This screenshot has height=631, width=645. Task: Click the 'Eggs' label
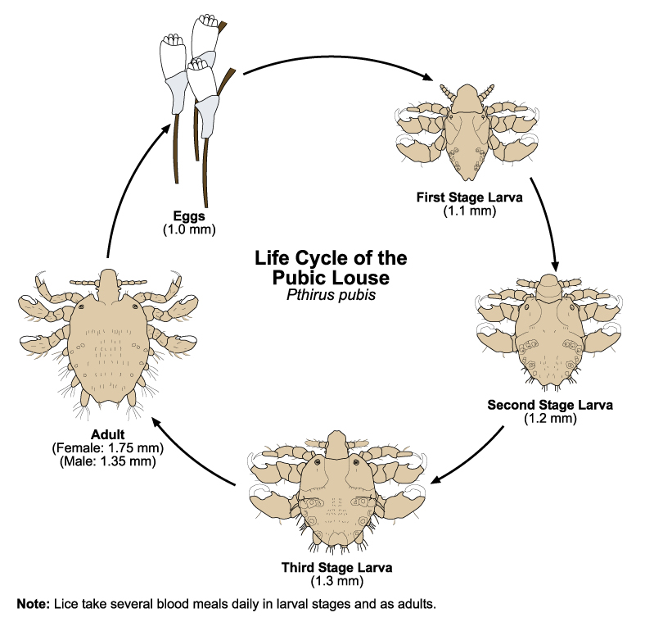pos(188,216)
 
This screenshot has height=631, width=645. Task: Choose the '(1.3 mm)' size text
pos(336,581)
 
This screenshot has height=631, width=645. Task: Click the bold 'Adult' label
pos(108,435)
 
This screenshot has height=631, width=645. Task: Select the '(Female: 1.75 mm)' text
pos(108,448)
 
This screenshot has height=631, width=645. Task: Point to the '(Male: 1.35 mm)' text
pos(108,461)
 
